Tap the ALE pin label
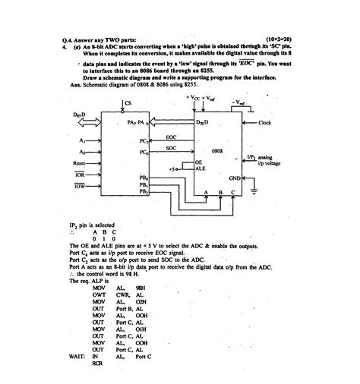(201, 170)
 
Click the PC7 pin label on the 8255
(144, 142)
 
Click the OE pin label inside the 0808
(199, 162)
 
